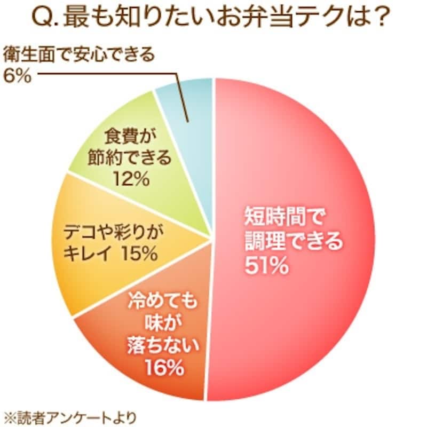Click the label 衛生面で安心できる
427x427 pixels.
79,55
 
